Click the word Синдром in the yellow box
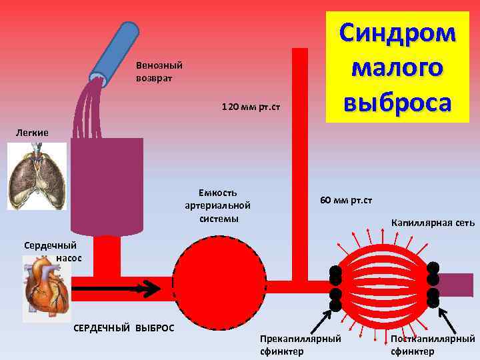point(397,33)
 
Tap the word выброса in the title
point(397,102)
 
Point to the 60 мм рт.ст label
point(346,200)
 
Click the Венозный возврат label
point(159,72)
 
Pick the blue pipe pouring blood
point(113,53)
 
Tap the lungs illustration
point(37,177)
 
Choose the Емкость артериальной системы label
point(218,205)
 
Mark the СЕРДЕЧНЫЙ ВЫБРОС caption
point(123,328)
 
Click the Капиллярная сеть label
point(433,223)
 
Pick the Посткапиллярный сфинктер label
point(433,345)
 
